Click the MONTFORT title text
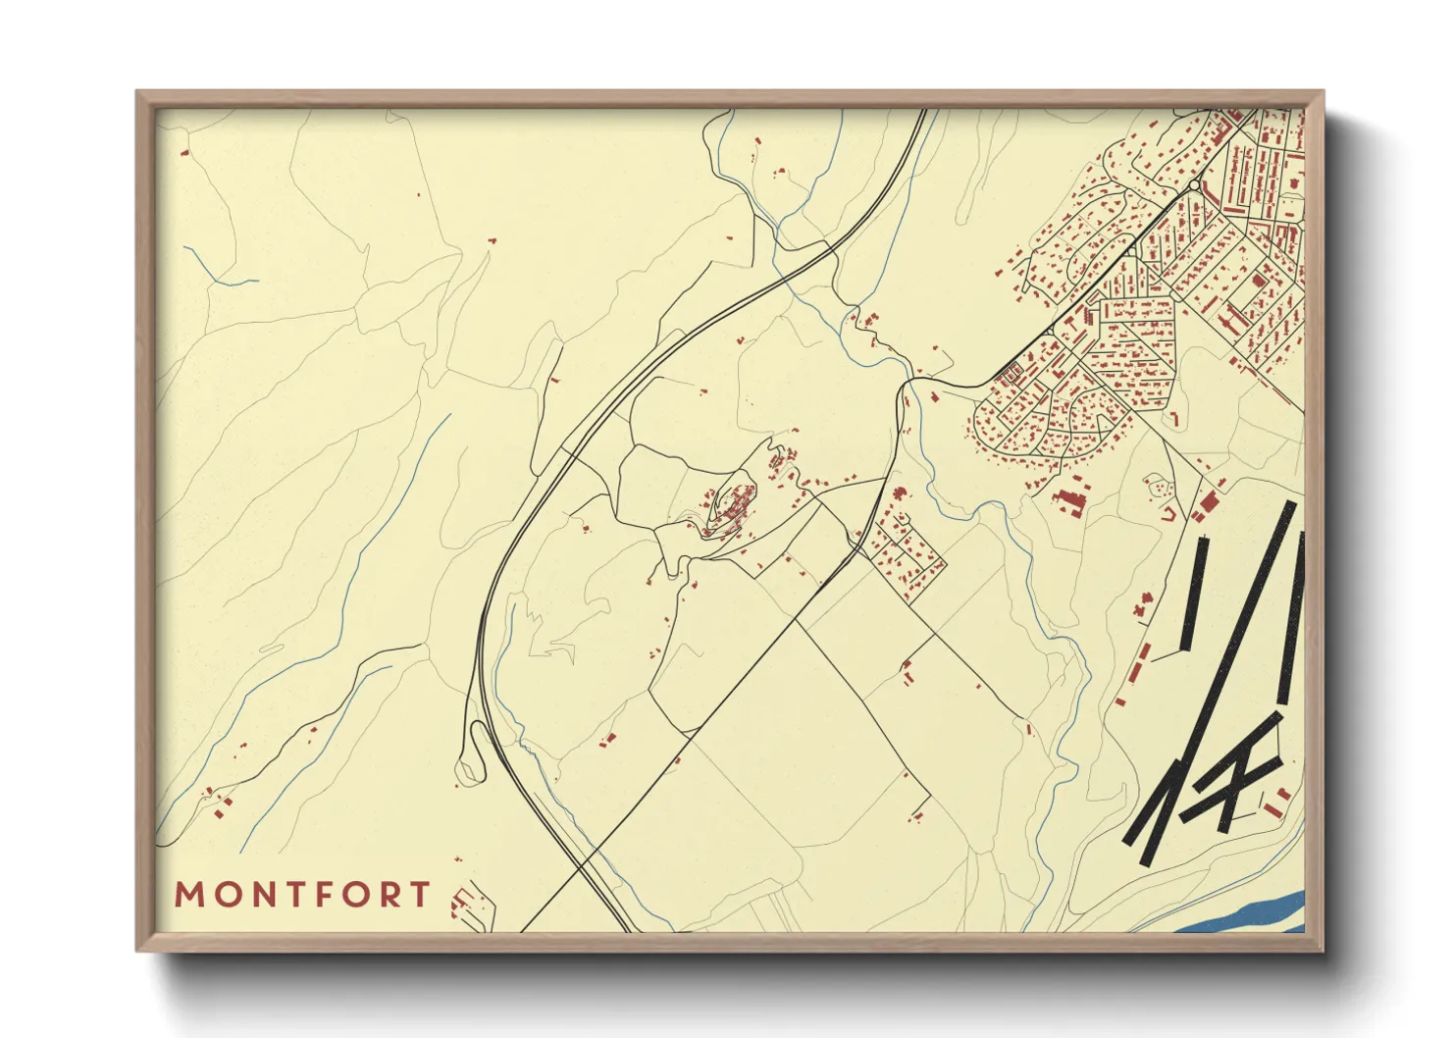point(302,895)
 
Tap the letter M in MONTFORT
point(188,895)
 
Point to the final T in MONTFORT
point(421,895)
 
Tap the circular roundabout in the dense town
point(1193,184)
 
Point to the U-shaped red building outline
point(1168,512)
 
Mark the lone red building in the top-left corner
point(182,153)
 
